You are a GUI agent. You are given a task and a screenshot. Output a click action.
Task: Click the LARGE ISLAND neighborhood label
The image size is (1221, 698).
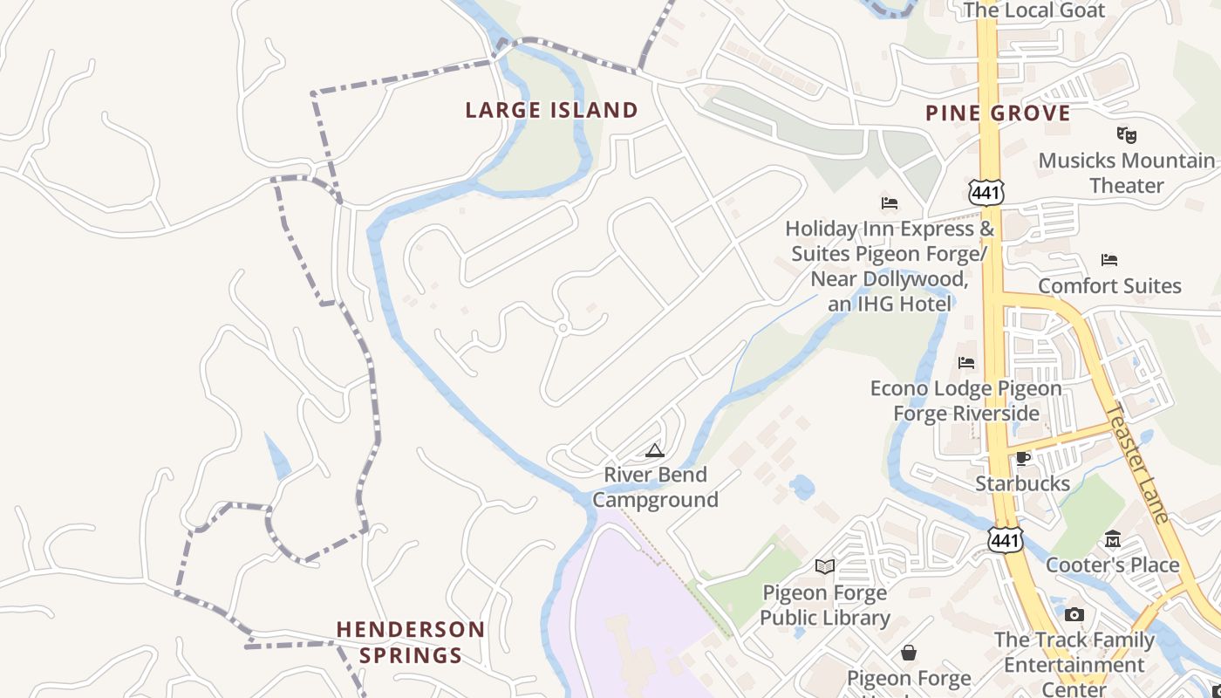[551, 111]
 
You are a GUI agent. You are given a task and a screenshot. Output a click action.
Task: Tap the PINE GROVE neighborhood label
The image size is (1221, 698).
[998, 113]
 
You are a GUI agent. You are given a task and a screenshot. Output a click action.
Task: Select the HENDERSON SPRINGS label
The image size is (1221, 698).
[411, 642]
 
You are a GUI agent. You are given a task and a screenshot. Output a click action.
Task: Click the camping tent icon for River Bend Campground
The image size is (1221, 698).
[655, 451]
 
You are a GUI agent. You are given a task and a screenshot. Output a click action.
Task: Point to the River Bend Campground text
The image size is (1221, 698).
[656, 487]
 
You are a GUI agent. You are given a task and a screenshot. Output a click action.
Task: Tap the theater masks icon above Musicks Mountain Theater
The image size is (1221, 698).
[1127, 134]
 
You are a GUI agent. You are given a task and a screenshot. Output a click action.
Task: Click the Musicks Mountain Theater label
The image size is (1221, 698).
[1126, 173]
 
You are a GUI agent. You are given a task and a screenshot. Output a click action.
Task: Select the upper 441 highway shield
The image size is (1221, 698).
[986, 193]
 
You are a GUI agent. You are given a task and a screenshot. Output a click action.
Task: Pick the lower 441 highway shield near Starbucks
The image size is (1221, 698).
[1005, 541]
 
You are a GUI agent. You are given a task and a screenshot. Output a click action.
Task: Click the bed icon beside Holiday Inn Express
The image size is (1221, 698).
[890, 203]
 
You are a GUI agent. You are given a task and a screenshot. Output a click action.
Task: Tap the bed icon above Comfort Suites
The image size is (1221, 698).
[1109, 260]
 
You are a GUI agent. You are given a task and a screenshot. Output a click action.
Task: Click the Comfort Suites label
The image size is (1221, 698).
[1109, 286]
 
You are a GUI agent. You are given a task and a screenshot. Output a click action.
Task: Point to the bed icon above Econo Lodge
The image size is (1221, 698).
[966, 363]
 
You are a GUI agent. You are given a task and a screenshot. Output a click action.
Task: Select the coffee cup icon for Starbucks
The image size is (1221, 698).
[1023, 457]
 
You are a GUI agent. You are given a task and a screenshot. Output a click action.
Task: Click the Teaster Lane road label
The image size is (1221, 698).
[1137, 463]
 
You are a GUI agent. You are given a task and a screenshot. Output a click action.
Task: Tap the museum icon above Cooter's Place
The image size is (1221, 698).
[1113, 539]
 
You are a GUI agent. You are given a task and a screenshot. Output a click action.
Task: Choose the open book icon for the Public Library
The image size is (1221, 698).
[824, 567]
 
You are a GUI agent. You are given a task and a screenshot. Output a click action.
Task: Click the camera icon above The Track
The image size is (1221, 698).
[1074, 614]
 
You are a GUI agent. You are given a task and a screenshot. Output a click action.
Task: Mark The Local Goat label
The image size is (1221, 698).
[1033, 10]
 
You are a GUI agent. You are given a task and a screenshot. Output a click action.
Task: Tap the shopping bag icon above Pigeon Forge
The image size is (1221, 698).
[909, 653]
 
